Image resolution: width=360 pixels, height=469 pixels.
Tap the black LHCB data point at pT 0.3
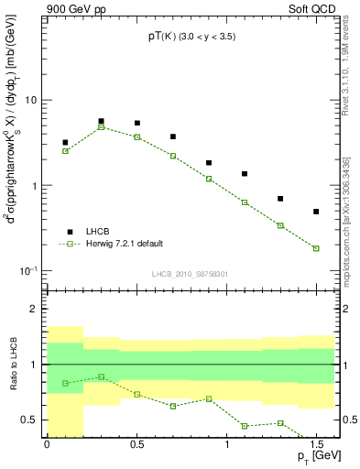101,121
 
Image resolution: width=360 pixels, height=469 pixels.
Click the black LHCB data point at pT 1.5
316,212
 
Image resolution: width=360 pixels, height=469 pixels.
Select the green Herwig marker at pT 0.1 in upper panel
65,151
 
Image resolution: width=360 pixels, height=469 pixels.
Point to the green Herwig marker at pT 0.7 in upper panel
172,156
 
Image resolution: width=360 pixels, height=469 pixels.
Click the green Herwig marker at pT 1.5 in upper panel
316,248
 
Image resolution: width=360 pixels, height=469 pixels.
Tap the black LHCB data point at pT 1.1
245,174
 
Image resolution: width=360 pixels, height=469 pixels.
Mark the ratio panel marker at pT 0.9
209,398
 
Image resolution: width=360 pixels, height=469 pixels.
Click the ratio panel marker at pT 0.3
101,376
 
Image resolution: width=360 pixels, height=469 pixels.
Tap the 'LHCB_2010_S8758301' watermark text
191,273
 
